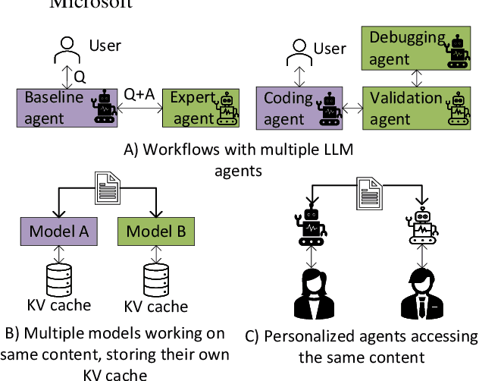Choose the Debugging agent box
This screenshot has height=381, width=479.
click(x=415, y=47)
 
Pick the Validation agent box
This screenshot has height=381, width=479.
click(x=415, y=107)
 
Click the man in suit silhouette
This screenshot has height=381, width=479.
click(x=420, y=293)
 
